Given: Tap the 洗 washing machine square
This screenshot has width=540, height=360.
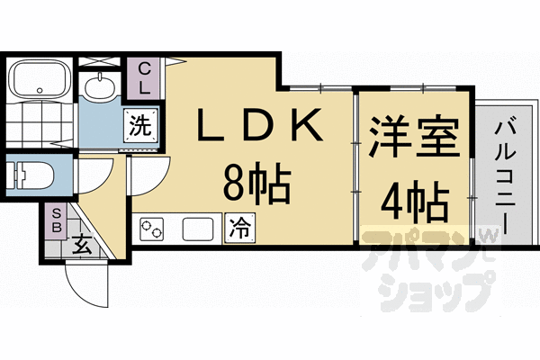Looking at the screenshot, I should click(x=142, y=124).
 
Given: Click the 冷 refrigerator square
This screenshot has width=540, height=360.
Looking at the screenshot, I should click(x=239, y=228).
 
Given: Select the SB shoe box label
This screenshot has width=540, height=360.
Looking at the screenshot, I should click(x=56, y=220).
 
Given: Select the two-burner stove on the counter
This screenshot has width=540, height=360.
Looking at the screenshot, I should click(x=154, y=229).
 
